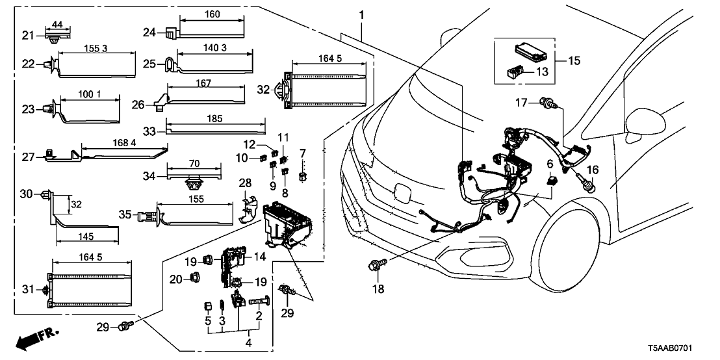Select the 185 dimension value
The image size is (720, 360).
coord(214,119)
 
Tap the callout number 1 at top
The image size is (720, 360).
coord(361,15)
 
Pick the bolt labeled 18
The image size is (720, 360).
coord(376,265)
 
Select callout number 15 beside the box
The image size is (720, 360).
coord(572,62)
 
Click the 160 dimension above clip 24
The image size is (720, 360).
coord(212,14)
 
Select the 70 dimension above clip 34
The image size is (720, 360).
coord(194,164)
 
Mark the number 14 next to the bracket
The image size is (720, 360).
coord(260,257)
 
